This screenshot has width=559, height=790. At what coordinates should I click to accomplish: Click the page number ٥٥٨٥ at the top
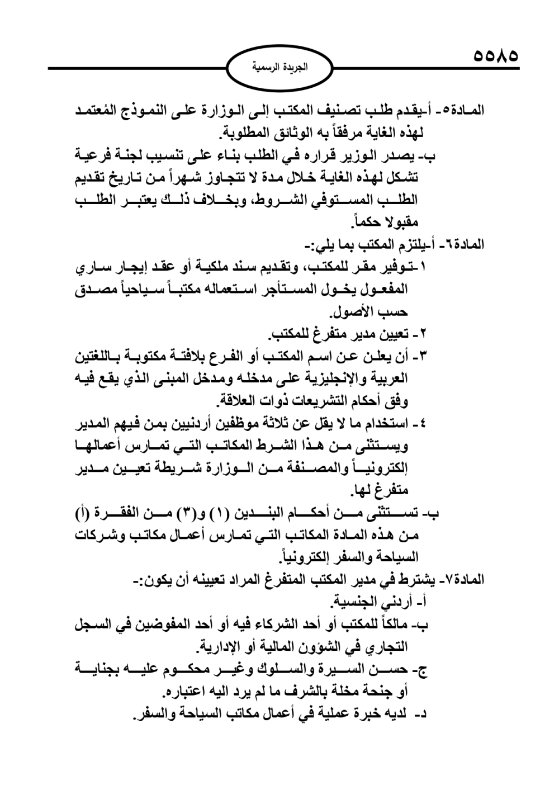495,56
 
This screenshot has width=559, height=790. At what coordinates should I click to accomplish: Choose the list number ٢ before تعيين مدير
423,334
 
